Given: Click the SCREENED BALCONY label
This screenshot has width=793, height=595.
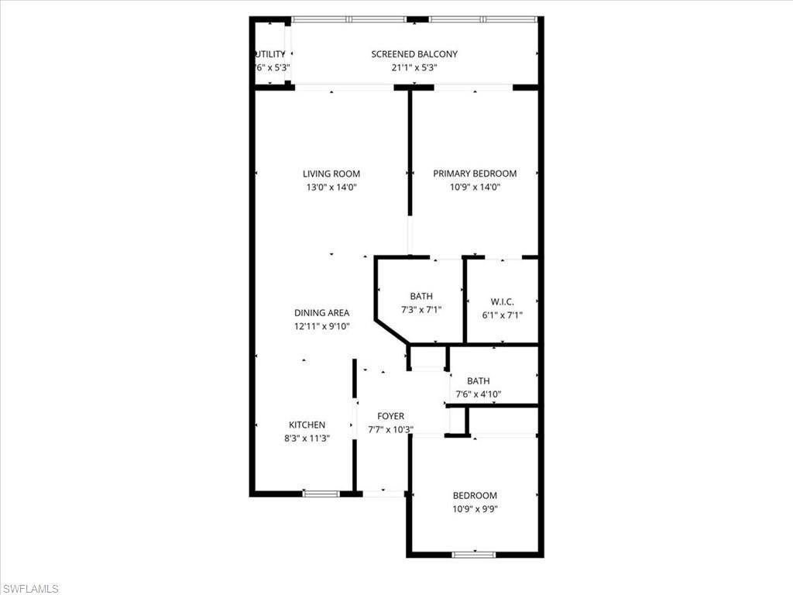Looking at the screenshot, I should point(414,54).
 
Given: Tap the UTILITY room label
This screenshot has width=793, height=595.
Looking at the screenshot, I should point(270,54).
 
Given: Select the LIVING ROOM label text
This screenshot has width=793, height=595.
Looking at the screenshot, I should point(331,174).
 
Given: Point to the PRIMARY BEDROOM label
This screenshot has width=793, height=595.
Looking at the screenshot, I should point(475,174).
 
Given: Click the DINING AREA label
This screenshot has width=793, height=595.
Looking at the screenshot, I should point(321,313).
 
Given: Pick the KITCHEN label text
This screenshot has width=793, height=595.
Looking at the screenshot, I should point(307,425).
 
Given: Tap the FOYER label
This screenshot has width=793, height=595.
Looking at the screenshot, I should point(390,416).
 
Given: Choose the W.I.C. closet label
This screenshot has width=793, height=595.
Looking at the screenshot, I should point(503,302).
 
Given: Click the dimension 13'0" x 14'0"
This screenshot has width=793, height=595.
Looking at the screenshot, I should point(331,187).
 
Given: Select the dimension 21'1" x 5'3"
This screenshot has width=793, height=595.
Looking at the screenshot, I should point(414,67).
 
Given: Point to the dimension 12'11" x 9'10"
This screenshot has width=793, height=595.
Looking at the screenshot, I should point(321,326).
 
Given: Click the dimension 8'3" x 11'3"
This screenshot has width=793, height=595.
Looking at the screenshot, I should point(307,438).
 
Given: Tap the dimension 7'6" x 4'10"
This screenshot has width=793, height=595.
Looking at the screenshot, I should point(478,394).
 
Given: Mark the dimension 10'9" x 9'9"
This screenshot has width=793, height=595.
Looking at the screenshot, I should point(475,509).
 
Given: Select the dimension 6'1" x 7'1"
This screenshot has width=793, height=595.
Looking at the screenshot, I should point(503,315).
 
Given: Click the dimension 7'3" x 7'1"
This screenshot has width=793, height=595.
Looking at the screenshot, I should point(421,309).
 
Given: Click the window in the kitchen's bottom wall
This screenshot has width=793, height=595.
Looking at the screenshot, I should point(320,494).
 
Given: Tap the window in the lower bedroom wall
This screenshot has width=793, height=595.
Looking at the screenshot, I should point(474,554).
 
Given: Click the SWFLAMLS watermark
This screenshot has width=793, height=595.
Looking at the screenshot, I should point(31,589).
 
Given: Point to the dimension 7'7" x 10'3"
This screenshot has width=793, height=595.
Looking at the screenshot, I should point(390,429).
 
